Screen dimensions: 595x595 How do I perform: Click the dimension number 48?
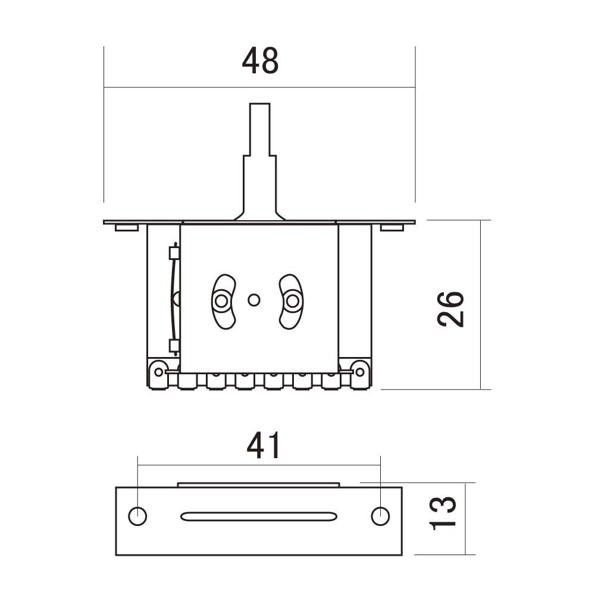point(260,61)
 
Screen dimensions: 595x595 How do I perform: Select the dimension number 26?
point(450,309)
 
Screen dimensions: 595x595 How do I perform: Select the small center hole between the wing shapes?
point(254,300)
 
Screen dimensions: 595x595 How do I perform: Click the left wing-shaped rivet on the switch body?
point(223,301)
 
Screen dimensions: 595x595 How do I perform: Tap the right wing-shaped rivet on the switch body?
point(291,301)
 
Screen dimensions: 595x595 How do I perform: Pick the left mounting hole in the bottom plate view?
point(137,516)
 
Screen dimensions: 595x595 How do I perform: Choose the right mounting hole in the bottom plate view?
point(380,516)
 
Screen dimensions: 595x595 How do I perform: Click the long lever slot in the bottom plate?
point(259,516)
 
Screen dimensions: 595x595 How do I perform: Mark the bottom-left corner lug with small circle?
point(158,372)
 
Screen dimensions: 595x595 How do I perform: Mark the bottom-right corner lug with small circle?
point(360,372)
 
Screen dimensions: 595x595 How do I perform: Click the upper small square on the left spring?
point(174,253)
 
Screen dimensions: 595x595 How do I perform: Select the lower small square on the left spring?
point(174,345)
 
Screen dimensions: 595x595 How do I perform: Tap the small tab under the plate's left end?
point(127,227)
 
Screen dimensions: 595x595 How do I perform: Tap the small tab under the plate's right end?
point(392,227)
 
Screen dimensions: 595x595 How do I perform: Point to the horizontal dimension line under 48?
point(178,87)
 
